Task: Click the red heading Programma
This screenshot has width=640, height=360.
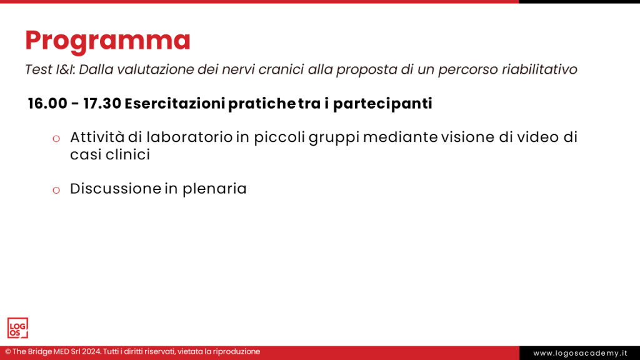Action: (107, 41)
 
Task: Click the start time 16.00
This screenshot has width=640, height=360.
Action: (47, 104)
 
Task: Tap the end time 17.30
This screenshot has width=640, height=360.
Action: (102, 104)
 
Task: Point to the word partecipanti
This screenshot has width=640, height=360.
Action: (382, 104)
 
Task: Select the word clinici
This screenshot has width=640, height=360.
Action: (128, 154)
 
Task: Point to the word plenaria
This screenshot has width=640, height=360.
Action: (214, 189)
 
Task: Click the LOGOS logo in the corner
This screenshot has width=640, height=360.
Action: (17, 328)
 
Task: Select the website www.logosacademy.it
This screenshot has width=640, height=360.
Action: (580, 353)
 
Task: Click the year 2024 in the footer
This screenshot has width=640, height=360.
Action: (90, 352)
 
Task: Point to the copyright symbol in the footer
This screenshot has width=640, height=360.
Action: (8, 352)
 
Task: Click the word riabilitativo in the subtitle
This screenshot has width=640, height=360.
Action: (539, 69)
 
